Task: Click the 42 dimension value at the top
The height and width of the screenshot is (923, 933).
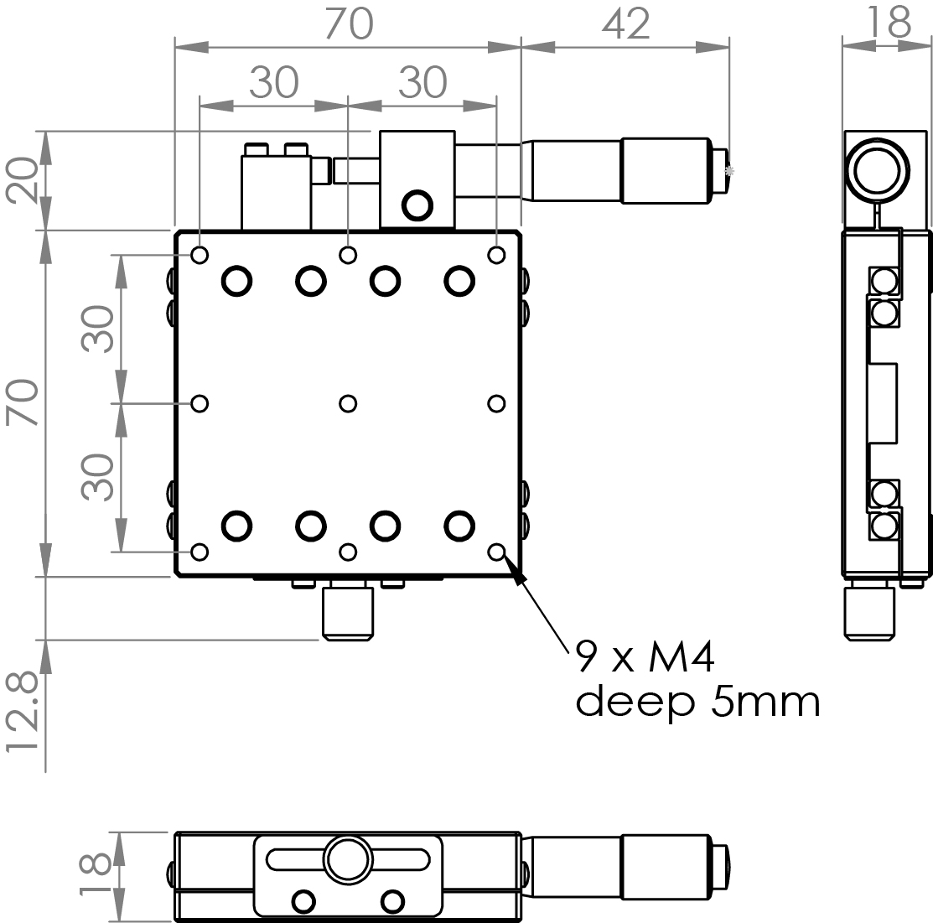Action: coord(625,25)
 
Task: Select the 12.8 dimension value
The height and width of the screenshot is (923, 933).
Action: coord(23,713)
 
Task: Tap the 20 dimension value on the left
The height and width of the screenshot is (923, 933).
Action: coord(22,179)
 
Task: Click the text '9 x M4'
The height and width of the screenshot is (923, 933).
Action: coord(645,658)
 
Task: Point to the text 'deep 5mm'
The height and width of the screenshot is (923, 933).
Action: coord(698,703)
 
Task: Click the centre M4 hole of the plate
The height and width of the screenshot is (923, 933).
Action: coord(348,403)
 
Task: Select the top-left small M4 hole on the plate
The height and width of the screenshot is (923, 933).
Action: coord(200,255)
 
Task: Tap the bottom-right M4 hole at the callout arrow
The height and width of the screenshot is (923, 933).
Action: coord(497,552)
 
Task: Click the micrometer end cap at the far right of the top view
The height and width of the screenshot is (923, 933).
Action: coord(720,171)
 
